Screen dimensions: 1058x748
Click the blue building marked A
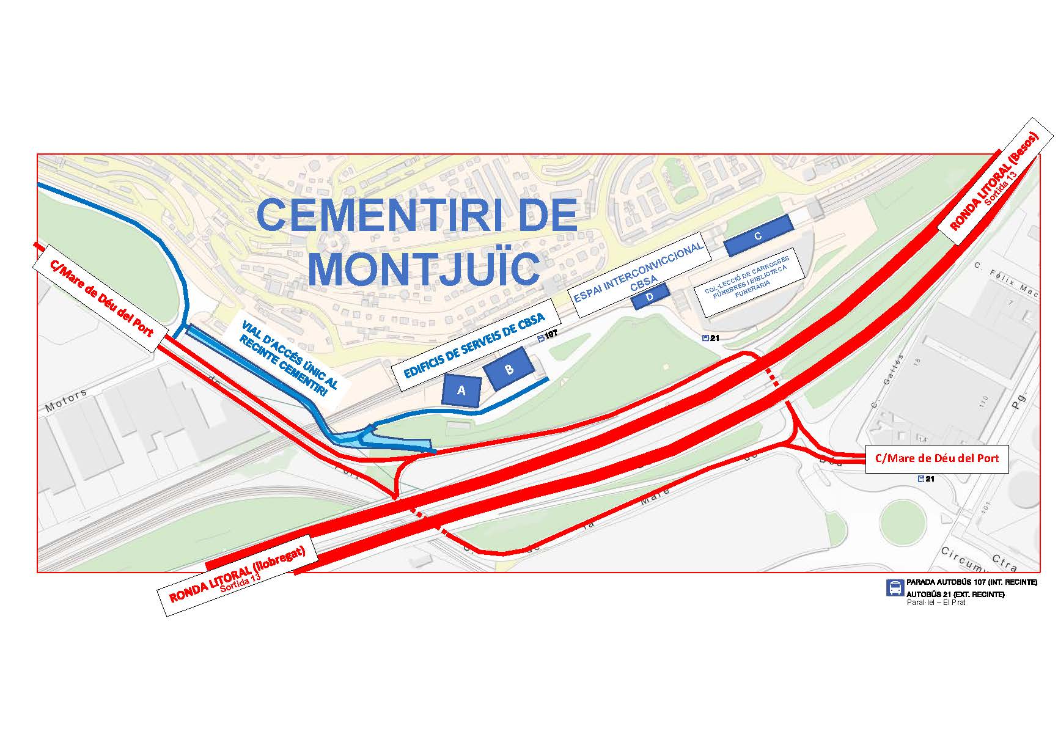pos(461,390)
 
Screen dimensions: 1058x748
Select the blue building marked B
pos(509,369)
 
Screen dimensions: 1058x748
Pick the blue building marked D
pos(650,296)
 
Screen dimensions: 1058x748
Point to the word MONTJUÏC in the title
pos(424,267)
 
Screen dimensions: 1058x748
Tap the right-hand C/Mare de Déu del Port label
pos(936,458)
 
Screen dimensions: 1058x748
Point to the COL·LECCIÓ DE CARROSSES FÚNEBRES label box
pos(746,282)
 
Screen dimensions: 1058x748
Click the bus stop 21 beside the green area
pos(711,338)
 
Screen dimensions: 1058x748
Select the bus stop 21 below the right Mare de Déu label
pos(926,479)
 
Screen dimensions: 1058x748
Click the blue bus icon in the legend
pos(895,587)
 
